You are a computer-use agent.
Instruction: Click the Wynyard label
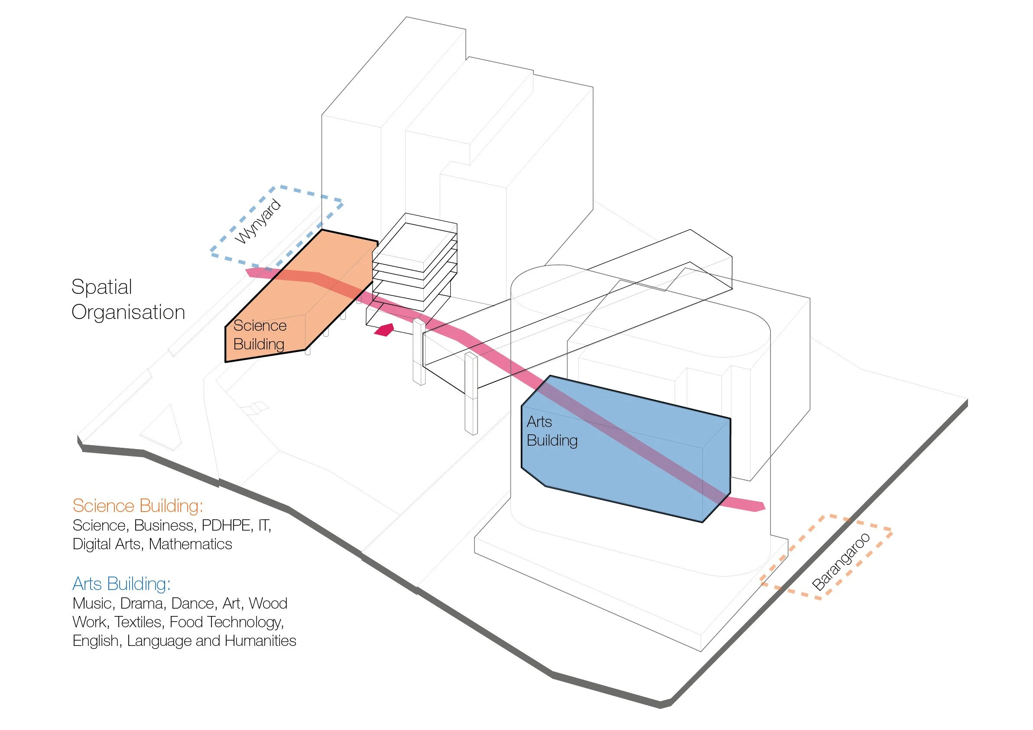(x=258, y=222)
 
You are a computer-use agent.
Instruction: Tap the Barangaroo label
(x=841, y=561)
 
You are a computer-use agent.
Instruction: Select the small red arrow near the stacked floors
(x=385, y=330)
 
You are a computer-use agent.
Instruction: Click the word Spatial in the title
(x=102, y=287)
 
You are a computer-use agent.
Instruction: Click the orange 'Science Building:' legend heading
(x=138, y=506)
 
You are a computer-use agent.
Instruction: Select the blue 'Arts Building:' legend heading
(x=121, y=584)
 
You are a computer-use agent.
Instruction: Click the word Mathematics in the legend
(x=190, y=544)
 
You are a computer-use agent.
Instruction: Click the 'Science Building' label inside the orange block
(x=260, y=335)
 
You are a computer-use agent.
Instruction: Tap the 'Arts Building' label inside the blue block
(x=552, y=431)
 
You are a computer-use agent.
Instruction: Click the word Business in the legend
(x=164, y=525)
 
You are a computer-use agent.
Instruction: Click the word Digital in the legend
(x=93, y=544)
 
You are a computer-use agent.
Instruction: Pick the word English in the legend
(x=96, y=640)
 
